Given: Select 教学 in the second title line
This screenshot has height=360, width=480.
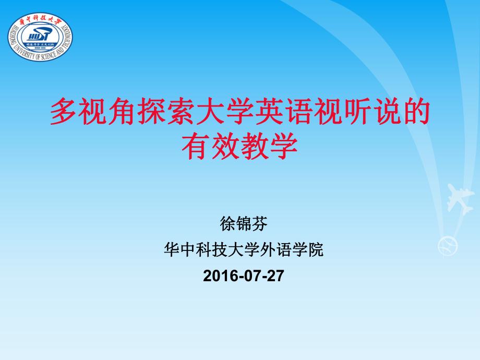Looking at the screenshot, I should click(x=268, y=146).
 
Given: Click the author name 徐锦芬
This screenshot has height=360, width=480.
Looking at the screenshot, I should click(x=244, y=224).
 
